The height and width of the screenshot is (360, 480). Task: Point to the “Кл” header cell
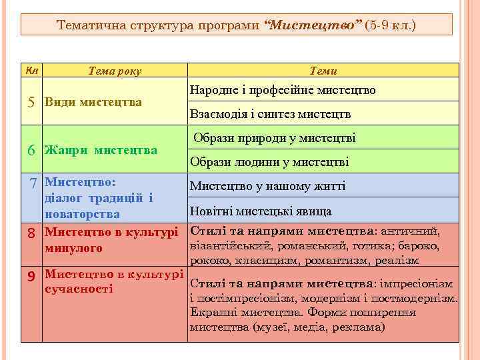point(31,71)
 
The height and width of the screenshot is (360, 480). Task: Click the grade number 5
point(31,102)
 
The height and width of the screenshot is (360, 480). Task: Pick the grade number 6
point(31,150)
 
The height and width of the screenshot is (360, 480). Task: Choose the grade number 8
point(31,233)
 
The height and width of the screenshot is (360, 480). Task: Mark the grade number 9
point(31,275)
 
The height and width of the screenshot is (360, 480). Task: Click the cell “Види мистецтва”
point(93,102)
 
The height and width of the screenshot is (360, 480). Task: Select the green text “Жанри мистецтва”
point(101,150)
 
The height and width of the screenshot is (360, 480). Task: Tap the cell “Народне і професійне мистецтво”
point(283,89)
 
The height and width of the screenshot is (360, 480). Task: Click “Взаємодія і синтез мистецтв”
point(270,114)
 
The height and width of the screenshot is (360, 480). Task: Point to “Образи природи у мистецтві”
point(275,138)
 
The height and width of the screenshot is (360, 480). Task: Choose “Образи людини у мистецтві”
point(269,162)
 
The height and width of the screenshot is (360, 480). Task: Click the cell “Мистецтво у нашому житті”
point(267,186)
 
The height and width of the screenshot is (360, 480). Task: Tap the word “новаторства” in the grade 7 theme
point(82,214)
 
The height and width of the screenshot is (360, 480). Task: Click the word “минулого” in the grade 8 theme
point(73,249)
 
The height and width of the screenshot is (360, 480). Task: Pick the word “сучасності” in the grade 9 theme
point(79,289)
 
